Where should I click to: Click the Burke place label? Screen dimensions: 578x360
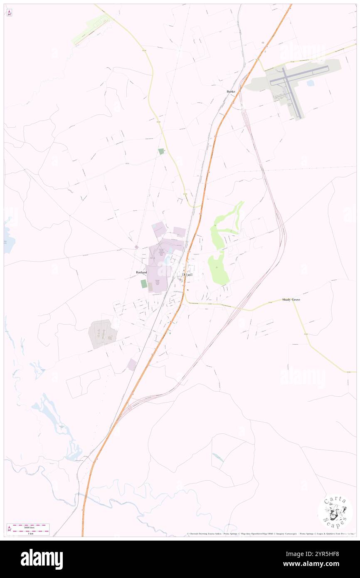[x=231, y=91]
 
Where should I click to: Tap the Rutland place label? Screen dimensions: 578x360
[x=141, y=272]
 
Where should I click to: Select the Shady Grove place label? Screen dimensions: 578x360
[x=291, y=299]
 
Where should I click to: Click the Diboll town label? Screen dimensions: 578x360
[x=187, y=274]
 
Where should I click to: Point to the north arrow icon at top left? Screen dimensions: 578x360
[x=9, y=12]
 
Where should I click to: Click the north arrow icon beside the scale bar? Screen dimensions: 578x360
[x=9, y=529]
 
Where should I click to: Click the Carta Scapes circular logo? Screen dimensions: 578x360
[x=335, y=511]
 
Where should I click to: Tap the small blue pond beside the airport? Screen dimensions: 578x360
[x=310, y=83]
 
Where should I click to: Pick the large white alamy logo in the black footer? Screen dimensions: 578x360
[x=42, y=559]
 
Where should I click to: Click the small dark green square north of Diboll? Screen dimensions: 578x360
[x=161, y=151]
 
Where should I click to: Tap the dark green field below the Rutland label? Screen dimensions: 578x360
[x=144, y=284]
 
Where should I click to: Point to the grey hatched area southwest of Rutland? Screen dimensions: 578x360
[x=101, y=333]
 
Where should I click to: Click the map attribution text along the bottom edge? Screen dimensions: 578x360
[x=270, y=534]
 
